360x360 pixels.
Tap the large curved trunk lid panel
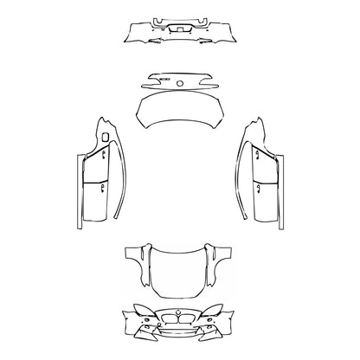180,110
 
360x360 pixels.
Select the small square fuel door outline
104,136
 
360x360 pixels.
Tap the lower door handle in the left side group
103,185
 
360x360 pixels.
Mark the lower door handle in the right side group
257,185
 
